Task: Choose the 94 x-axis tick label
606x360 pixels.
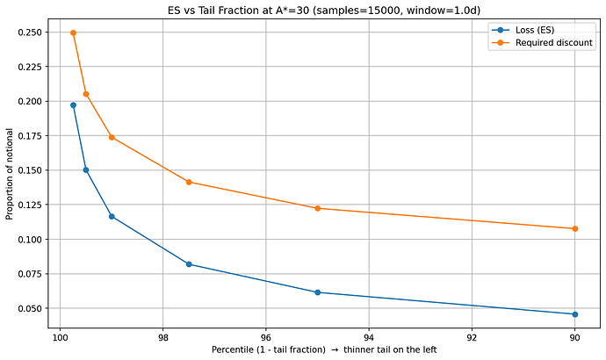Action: point(369,337)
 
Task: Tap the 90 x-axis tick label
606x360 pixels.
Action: point(574,337)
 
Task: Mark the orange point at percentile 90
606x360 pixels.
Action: point(574,228)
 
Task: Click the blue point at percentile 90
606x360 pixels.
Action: point(574,314)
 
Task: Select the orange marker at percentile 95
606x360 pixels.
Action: point(317,208)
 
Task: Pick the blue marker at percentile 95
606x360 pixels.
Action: point(317,292)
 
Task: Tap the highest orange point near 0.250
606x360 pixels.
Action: point(73,32)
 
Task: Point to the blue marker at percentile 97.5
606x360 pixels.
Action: point(189,264)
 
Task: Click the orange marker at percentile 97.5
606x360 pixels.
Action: point(189,182)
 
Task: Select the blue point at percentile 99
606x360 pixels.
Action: point(112,216)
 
